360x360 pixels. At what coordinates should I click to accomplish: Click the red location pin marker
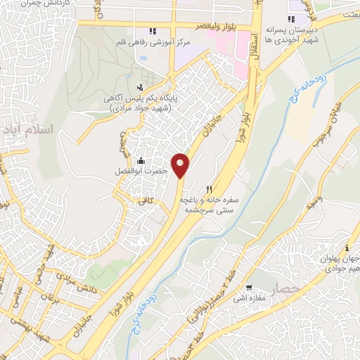(x=181, y=165)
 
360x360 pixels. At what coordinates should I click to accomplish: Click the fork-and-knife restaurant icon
(x=209, y=190)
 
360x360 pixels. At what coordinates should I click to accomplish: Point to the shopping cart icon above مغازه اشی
(x=249, y=288)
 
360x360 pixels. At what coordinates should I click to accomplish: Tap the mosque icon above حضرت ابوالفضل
(x=142, y=161)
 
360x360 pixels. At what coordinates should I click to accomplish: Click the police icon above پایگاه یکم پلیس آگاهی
(x=140, y=88)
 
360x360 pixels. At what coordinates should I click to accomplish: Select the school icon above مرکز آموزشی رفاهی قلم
(x=151, y=31)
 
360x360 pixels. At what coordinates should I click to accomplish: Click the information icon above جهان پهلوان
(x=346, y=248)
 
